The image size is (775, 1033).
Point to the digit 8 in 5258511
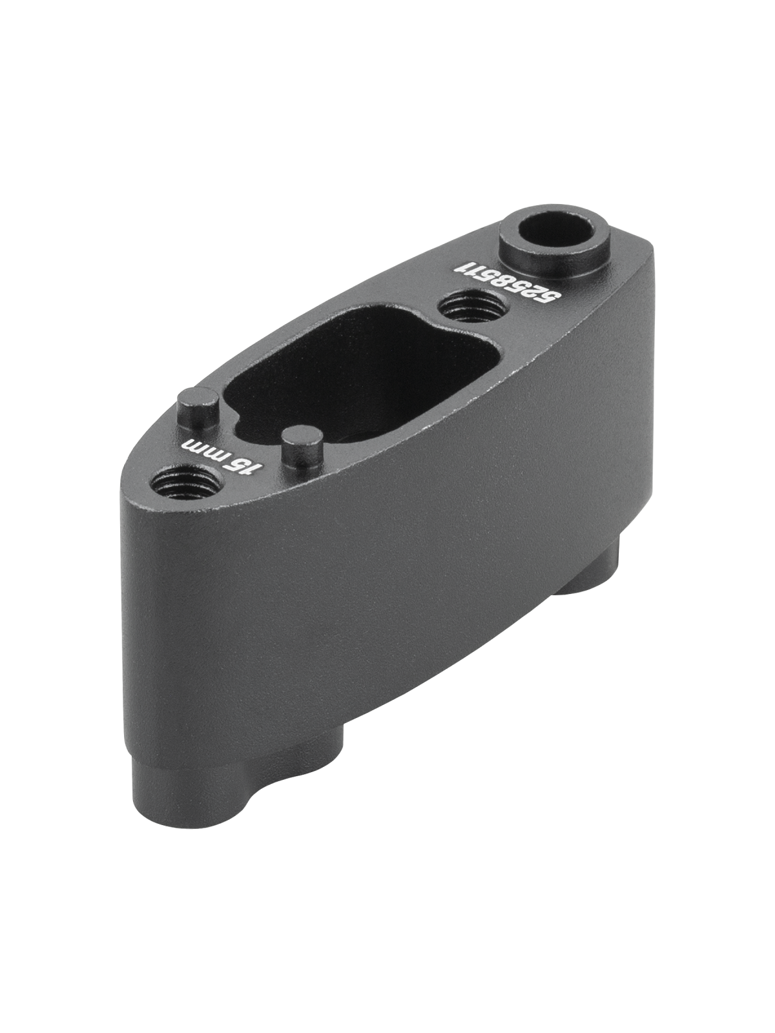(512, 281)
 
